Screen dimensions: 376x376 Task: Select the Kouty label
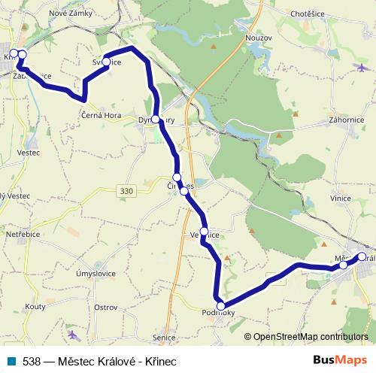[x=35, y=307]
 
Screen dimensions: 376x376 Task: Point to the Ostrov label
[x=105, y=307]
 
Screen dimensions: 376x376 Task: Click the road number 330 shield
[x=126, y=193]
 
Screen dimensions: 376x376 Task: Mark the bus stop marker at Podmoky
[x=220, y=305]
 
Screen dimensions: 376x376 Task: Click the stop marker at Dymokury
[x=156, y=120]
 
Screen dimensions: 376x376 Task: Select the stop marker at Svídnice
[x=107, y=62]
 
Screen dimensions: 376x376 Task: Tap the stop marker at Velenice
[x=205, y=232]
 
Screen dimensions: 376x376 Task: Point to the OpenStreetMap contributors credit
[x=309, y=336]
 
